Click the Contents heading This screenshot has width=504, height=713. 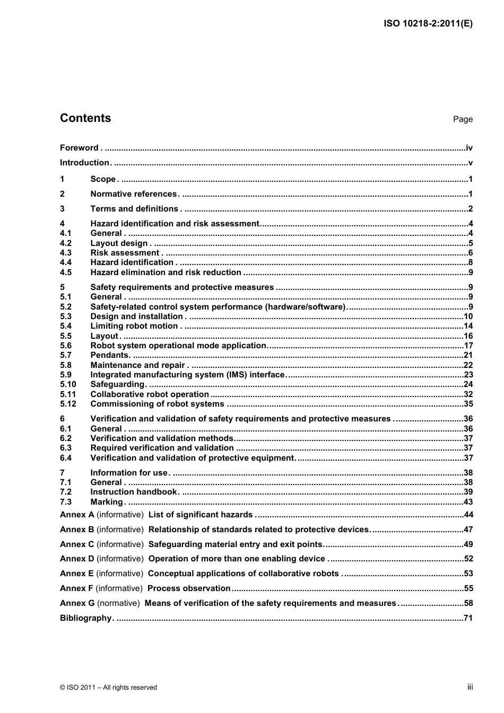point(85,118)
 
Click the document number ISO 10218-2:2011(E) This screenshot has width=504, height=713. point(428,23)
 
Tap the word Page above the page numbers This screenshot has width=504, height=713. point(463,119)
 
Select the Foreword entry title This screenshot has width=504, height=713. point(79,148)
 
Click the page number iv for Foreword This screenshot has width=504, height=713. point(469,148)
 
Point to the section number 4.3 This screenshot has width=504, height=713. point(66,253)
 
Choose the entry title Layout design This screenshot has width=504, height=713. point(119,243)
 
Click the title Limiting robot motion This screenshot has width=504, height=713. point(134,326)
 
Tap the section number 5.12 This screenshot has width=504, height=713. point(68,404)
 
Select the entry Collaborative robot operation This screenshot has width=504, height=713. point(150,394)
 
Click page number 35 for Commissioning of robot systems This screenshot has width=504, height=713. point(468,404)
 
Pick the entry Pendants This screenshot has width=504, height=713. point(110,355)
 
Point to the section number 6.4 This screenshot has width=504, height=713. point(66,458)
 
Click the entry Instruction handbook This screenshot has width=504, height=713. point(134,492)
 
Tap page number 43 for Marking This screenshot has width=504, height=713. point(468,502)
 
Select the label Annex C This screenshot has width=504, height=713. point(77,544)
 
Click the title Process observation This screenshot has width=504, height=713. point(189,588)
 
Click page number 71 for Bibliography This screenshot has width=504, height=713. point(468,618)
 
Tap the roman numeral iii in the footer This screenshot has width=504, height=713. point(470,687)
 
